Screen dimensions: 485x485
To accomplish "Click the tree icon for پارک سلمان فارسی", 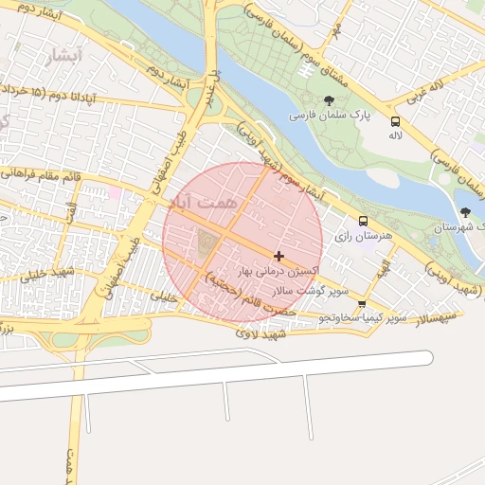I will [x=329, y=100].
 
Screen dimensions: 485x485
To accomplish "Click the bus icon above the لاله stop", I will [x=395, y=120].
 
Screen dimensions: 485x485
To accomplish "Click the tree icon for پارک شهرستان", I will [x=464, y=212].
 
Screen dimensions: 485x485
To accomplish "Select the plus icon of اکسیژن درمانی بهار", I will [x=278, y=256].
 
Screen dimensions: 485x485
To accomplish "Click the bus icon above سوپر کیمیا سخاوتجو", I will [x=362, y=303].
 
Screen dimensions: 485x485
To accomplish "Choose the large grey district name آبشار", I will [x=63, y=57].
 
